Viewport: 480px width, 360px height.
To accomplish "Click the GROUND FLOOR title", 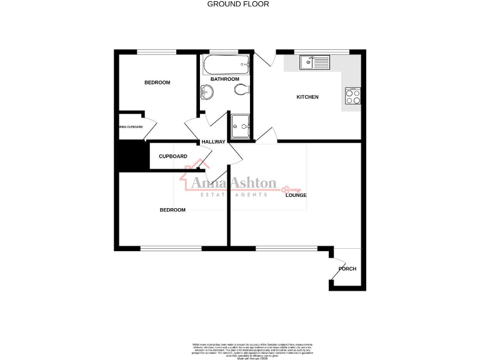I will pos(238,4).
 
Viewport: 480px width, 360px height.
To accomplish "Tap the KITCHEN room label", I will pos(307,97).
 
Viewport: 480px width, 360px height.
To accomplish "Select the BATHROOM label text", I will pos(224,79).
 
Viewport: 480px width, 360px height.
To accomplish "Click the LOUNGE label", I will pos(296,195).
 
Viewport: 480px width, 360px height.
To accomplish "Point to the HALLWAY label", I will pos(212,142).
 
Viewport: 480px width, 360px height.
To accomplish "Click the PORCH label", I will pos(347,269).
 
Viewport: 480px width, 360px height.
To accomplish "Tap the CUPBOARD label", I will pos(172,156).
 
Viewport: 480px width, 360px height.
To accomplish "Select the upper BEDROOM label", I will pos(157,82).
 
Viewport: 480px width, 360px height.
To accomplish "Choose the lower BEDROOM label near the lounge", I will pos(172,210).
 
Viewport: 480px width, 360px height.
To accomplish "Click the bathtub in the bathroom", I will pos(226,64).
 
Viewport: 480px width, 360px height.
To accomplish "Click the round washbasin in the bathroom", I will pos(207,92).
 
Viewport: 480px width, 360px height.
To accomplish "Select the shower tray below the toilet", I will pos(241,124).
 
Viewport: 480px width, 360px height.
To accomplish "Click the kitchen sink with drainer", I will pos(314,62).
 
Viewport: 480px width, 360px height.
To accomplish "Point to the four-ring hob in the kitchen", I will pos(352,97).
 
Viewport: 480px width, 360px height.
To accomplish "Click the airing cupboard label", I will pos(131,127).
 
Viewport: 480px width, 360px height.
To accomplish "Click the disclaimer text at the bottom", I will pos(239,348).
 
